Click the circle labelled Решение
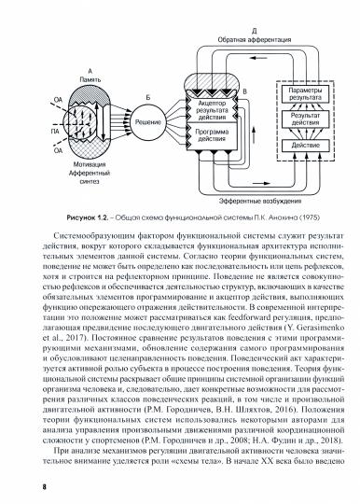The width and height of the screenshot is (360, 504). click(x=145, y=120)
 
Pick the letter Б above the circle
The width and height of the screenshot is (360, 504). click(x=145, y=97)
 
